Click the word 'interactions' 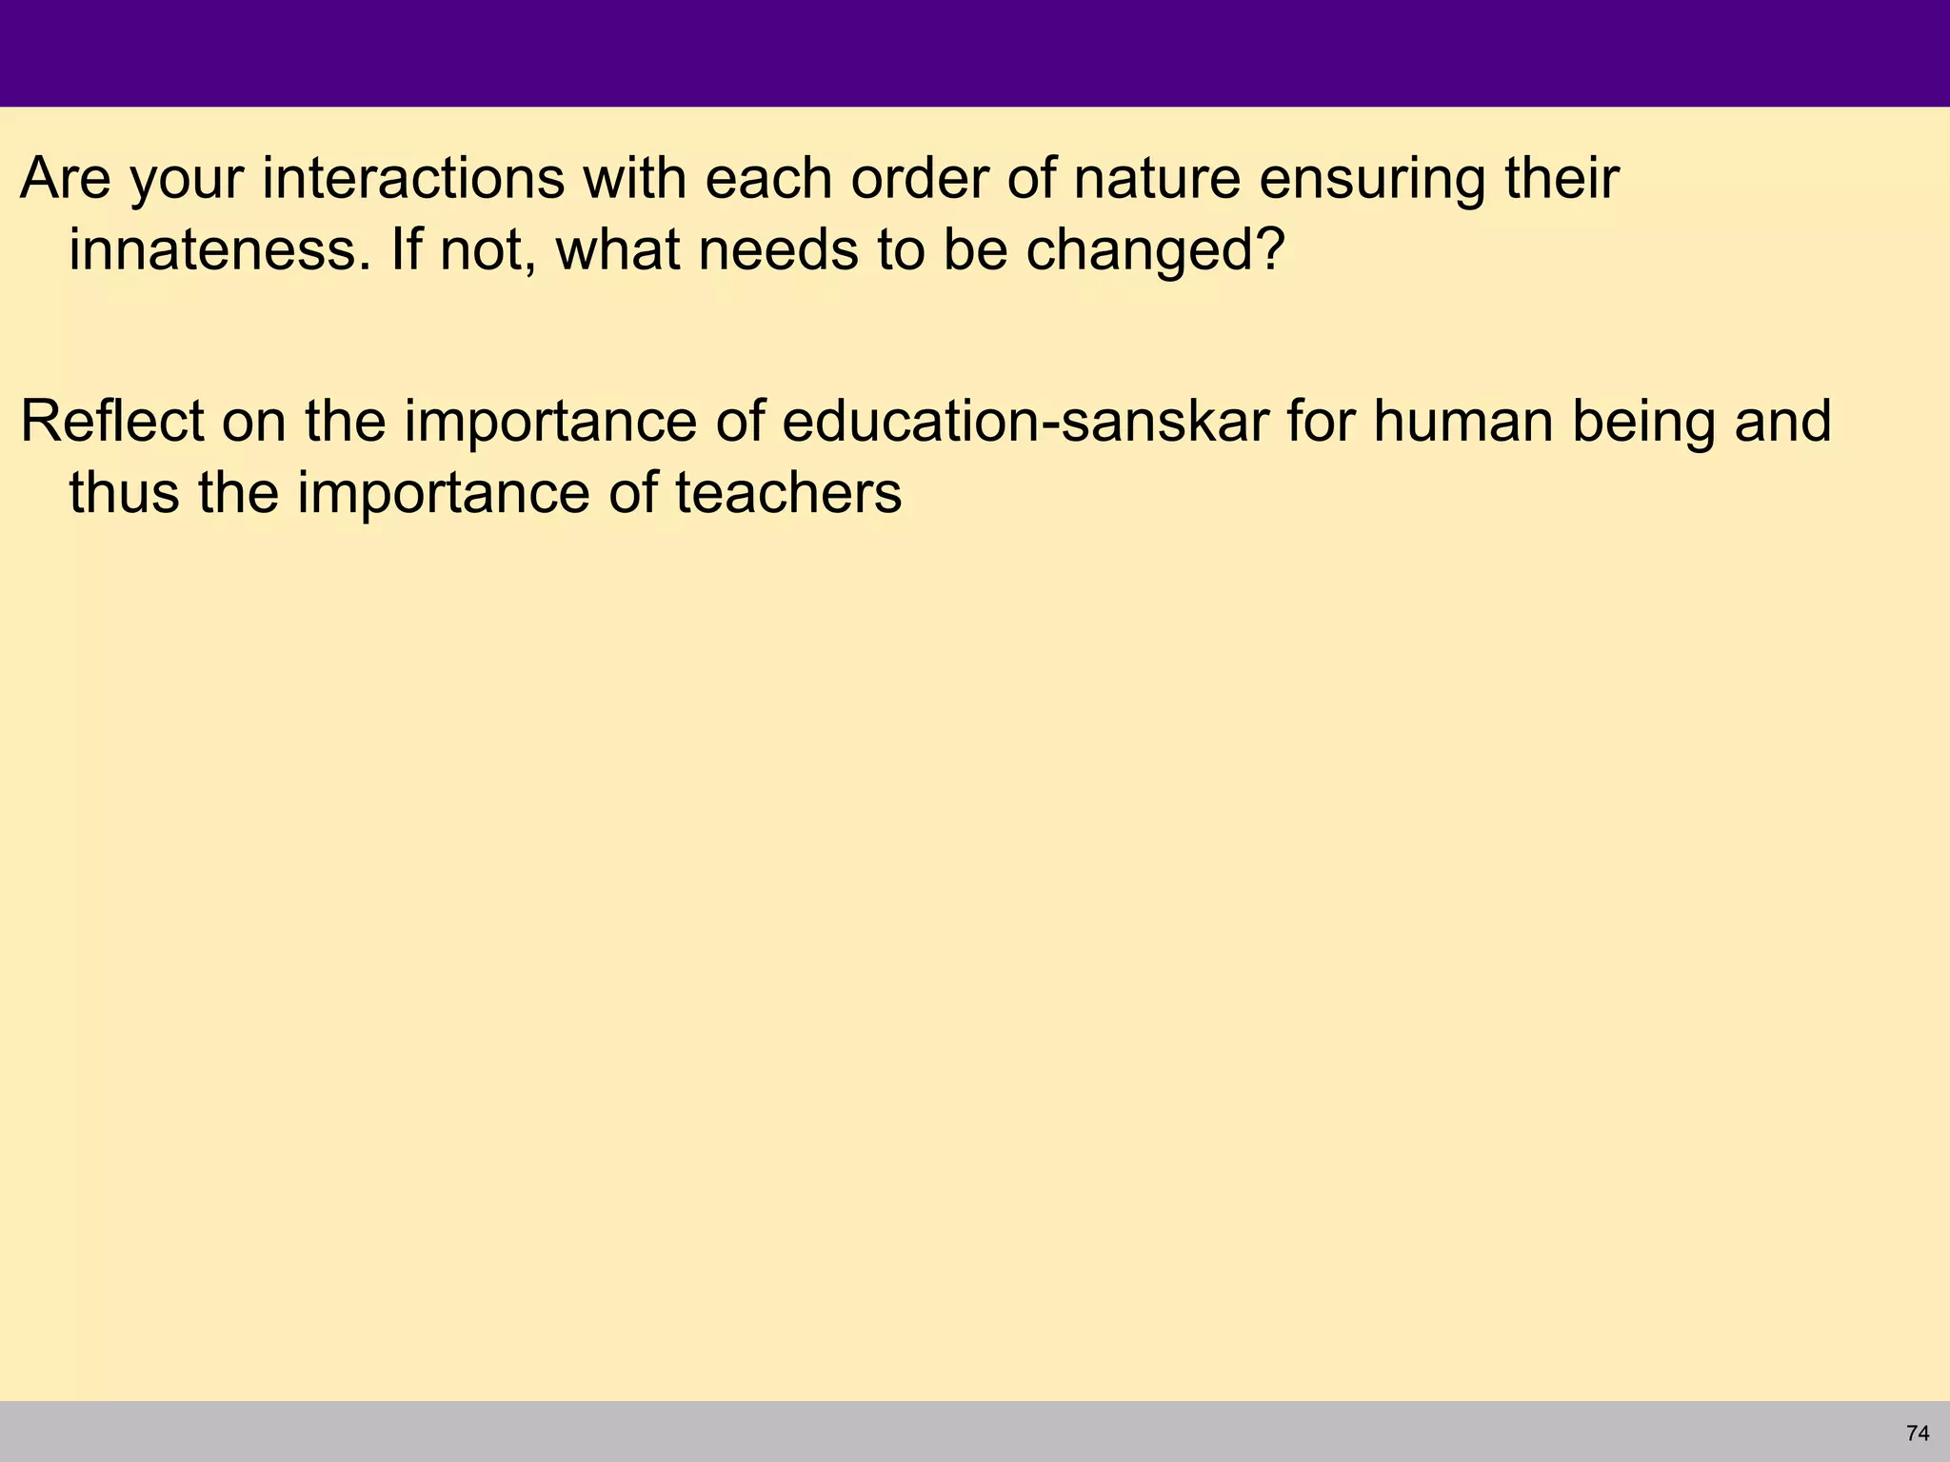click(x=413, y=178)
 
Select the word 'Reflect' click(x=112, y=421)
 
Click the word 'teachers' click(x=788, y=493)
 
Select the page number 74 click(x=1918, y=1432)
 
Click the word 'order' click(x=920, y=178)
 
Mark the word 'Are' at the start click(x=66, y=178)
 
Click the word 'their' click(x=1562, y=178)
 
